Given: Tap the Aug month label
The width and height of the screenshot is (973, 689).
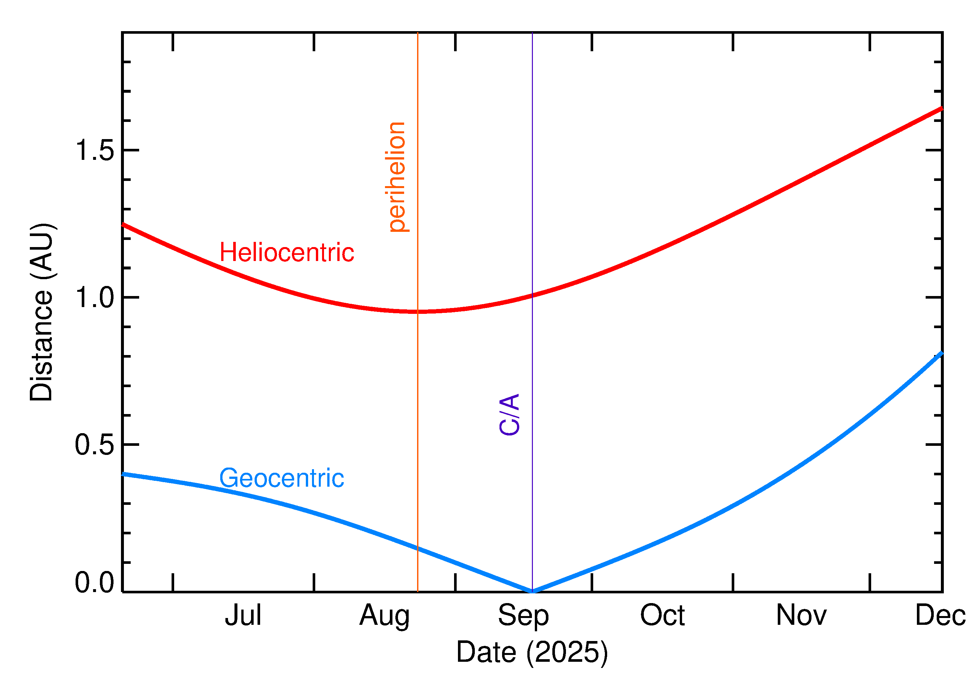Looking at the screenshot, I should (x=384, y=616).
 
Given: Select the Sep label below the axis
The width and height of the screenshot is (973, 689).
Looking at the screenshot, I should (x=523, y=616).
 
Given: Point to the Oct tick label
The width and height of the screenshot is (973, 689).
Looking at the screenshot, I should (x=662, y=616).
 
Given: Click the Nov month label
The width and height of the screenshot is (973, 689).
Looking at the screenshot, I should (x=801, y=616).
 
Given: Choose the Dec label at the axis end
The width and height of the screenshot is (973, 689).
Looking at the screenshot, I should (x=940, y=616).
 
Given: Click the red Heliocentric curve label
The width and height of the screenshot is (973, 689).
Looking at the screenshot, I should (x=286, y=253).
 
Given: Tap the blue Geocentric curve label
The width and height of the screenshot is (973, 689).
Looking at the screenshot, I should (x=281, y=478).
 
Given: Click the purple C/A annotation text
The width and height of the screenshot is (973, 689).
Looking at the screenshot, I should (x=509, y=414).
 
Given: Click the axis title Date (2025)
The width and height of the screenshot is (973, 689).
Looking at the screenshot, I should (x=532, y=652).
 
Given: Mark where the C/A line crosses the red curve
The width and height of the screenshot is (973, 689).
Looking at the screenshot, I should (x=532, y=296).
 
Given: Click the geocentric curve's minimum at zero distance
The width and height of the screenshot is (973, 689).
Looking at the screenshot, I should (x=532, y=591).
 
